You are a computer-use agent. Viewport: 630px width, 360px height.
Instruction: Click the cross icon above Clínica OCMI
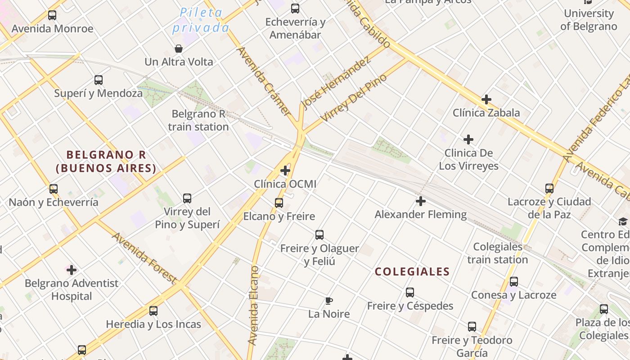(285, 171)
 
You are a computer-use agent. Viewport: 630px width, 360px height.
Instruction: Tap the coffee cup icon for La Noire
(329, 301)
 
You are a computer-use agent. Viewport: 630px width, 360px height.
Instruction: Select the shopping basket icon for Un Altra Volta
(179, 49)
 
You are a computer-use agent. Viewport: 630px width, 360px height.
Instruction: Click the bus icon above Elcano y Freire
(279, 203)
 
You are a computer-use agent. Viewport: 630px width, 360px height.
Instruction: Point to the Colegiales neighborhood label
(412, 272)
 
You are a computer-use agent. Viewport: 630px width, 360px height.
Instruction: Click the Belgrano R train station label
(198, 121)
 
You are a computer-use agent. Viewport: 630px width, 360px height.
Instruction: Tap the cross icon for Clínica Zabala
(486, 99)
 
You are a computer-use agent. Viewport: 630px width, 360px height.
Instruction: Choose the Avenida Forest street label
(144, 258)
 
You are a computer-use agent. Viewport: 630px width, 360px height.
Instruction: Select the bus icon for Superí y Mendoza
(99, 80)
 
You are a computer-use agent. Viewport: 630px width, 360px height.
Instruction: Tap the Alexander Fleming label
(421, 215)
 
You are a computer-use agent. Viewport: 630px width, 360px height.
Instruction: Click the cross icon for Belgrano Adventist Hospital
(72, 270)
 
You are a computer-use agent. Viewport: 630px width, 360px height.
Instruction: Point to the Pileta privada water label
(201, 20)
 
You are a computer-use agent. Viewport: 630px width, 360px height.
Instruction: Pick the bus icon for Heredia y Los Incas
(153, 311)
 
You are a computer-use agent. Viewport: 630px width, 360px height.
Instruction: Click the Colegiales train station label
(497, 253)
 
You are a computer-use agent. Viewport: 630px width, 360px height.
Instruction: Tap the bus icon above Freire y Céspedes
(410, 292)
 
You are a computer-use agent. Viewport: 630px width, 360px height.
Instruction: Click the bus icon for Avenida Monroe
(52, 15)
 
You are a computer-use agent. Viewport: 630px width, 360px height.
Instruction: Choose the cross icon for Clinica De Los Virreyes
(468, 139)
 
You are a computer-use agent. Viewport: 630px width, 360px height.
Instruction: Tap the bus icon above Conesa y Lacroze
(514, 282)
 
